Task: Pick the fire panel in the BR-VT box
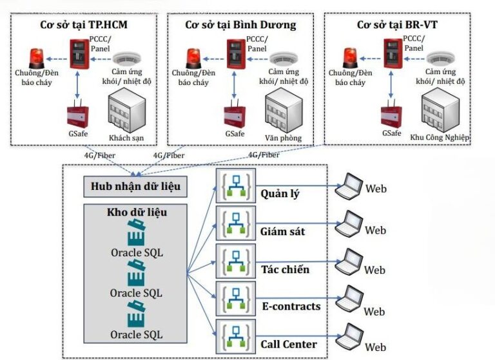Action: pyautogui.click(x=391, y=52)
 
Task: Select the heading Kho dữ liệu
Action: pyautogui.click(x=136, y=211)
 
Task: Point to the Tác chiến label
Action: pyautogui.click(x=286, y=269)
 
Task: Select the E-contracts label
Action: pyautogui.click(x=290, y=306)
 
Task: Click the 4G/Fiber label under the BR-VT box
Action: pyautogui.click(x=264, y=155)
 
